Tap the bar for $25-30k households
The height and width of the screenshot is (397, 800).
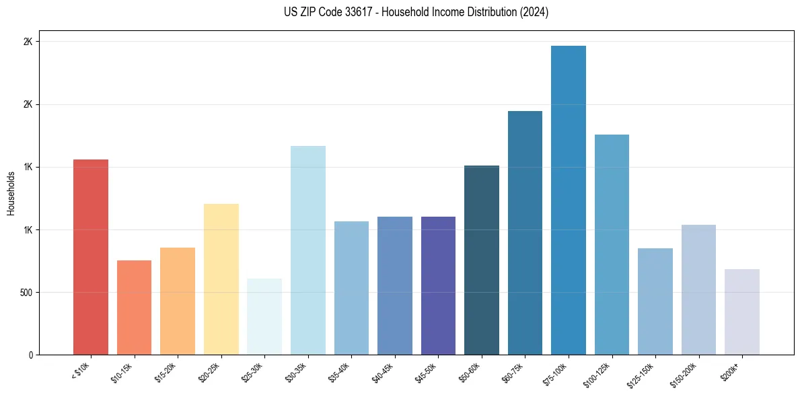click(264, 316)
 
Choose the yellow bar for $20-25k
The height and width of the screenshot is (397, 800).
click(221, 279)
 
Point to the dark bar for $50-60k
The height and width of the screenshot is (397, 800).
click(482, 260)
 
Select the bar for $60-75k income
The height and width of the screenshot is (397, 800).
click(525, 233)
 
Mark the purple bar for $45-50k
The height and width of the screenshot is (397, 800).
click(438, 285)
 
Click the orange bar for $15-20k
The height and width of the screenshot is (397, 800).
click(178, 301)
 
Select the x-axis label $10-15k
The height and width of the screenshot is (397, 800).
click(122, 371)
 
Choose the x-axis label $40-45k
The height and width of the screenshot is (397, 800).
click(382, 371)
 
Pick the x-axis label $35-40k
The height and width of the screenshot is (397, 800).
click(339, 371)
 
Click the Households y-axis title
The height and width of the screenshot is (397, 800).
click(11, 193)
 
